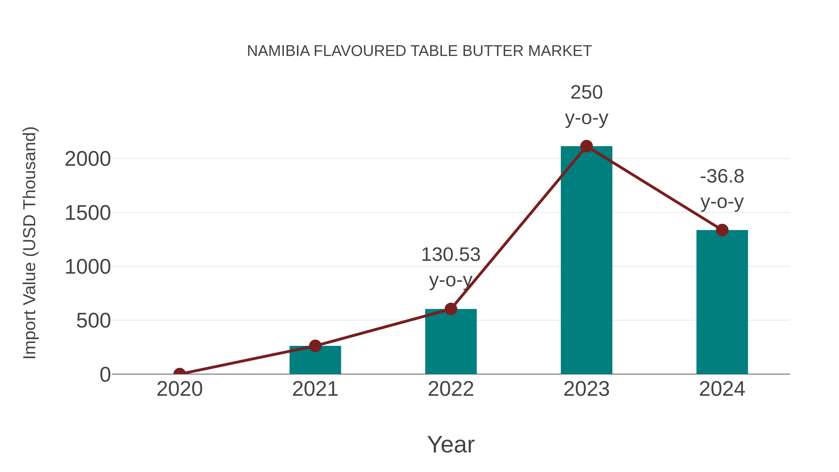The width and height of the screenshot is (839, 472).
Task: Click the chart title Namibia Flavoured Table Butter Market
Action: pyautogui.click(x=419, y=51)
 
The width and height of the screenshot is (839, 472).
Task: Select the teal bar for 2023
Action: pyautogui.click(x=586, y=261)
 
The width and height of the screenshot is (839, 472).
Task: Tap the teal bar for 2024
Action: pyautogui.click(x=722, y=303)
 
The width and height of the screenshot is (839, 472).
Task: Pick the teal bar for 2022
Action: pyautogui.click(x=451, y=342)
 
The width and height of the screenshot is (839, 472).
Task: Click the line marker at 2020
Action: pyautogui.click(x=179, y=373)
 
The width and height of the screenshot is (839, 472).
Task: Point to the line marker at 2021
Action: pyautogui.click(x=315, y=346)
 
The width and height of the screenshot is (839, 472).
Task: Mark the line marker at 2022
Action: pyautogui.click(x=451, y=309)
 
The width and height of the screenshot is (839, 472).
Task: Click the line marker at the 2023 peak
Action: pyautogui.click(x=586, y=146)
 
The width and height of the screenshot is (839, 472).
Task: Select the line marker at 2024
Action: pyautogui.click(x=722, y=230)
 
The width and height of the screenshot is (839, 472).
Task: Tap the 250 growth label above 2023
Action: pyautogui.click(x=586, y=93)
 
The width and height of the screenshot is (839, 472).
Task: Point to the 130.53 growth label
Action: pyautogui.click(x=451, y=255)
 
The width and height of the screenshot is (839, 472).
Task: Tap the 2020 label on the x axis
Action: pyautogui.click(x=179, y=389)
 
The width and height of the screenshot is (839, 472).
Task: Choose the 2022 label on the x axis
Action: pyautogui.click(x=451, y=389)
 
